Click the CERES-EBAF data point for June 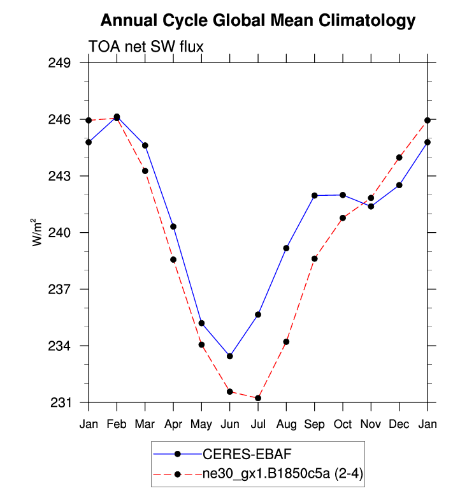pos(229,356)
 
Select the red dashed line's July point pos(258,398)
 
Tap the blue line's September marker pos(315,195)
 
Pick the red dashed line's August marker pos(286,342)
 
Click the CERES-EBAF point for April pos(173,226)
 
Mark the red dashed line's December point pos(399,158)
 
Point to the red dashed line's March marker pos(145,171)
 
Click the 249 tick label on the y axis pos(61,63)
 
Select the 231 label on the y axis pos(61,402)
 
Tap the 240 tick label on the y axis pos(61,233)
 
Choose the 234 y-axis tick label pos(61,346)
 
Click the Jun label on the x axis pos(229,423)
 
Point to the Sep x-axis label pos(315,423)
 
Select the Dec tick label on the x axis pos(399,423)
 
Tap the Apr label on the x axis pos(173,423)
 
